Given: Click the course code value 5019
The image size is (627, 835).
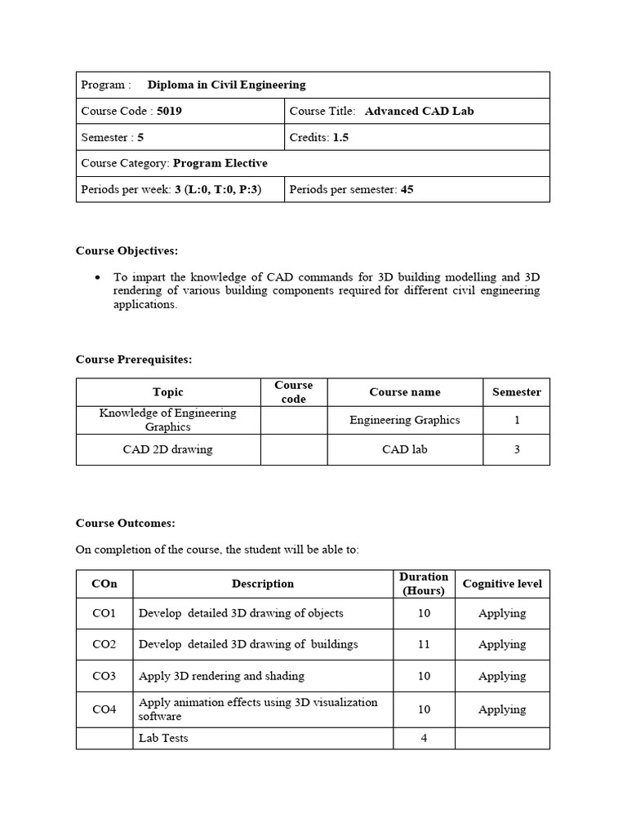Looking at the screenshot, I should point(169,111).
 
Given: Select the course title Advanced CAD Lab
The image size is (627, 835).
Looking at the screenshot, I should point(419,111).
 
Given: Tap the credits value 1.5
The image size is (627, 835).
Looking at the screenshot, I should point(340,137).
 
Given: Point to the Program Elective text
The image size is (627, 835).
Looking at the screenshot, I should point(220,163).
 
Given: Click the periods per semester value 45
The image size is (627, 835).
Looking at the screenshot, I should point(407,189).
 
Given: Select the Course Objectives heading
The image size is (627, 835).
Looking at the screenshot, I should point(127,250).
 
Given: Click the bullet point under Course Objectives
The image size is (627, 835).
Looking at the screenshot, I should point(98,277).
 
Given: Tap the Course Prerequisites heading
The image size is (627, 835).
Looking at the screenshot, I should point(134,359).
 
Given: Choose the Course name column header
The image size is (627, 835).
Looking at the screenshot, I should point(404,392).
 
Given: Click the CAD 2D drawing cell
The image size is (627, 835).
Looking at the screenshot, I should point(167,449).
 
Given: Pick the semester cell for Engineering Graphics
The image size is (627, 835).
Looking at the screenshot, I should point(516,420).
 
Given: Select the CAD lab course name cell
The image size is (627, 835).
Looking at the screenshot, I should point(404,449).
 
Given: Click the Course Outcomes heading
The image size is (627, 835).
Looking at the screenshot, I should point(125,523).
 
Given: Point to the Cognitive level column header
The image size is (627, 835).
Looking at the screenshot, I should point(502,584).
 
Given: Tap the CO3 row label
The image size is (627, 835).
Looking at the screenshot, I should point(104,676).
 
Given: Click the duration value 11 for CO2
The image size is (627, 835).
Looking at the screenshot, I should point(424,644).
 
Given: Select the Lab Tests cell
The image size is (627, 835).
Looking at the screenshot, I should point(163,738).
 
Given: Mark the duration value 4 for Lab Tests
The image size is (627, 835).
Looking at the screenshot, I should point(424,738).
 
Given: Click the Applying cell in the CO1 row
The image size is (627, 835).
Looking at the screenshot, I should point(502,613).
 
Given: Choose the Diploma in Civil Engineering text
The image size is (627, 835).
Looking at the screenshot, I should point(226,85).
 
